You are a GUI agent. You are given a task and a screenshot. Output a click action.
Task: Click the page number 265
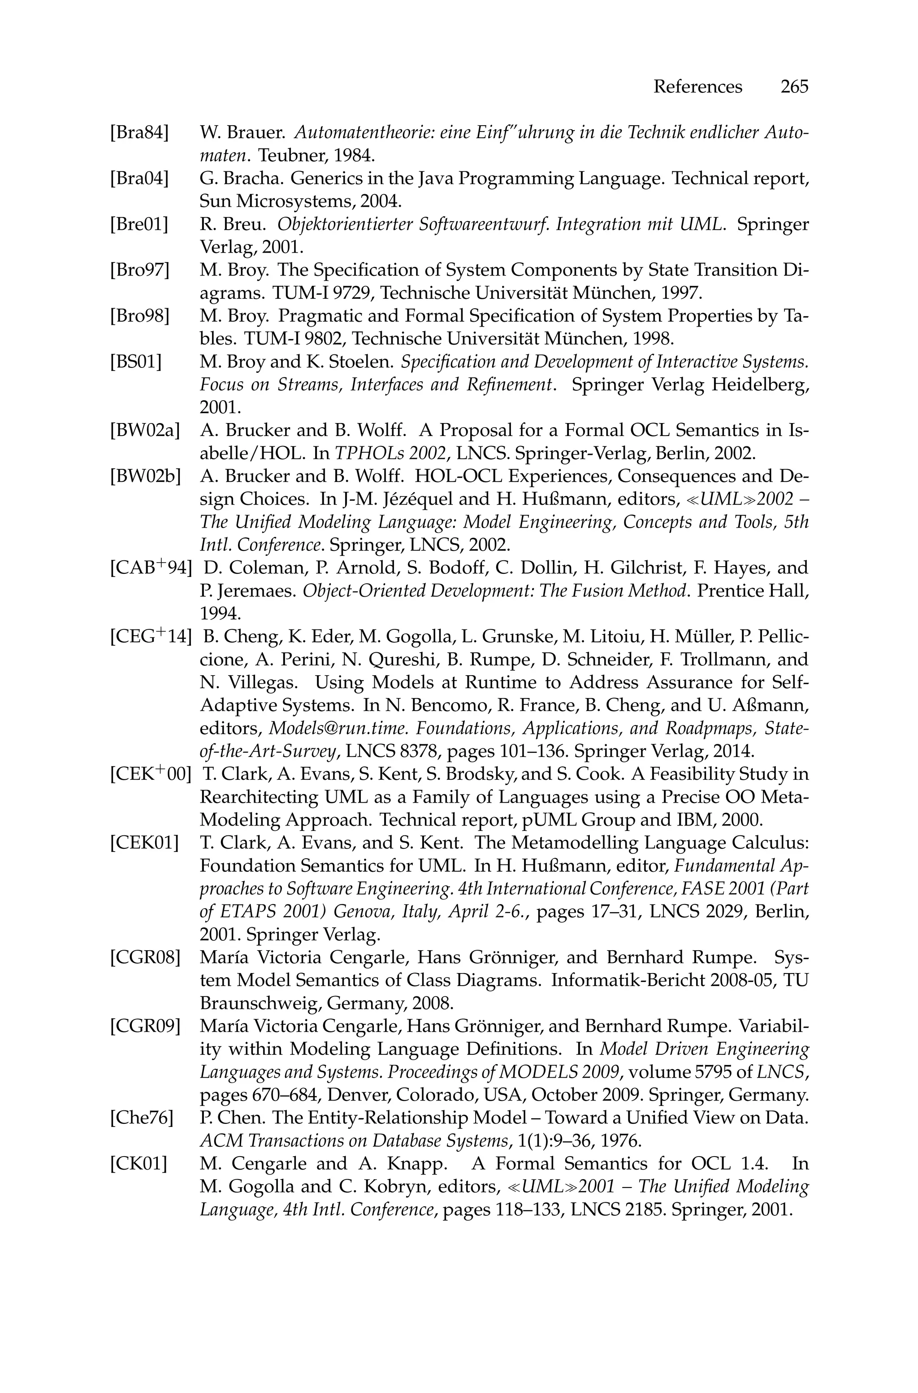tap(793, 87)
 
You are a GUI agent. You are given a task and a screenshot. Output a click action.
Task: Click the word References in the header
tap(697, 87)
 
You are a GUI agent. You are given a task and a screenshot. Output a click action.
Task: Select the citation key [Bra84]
tap(139, 133)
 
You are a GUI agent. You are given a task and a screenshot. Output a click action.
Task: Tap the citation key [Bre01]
tap(139, 224)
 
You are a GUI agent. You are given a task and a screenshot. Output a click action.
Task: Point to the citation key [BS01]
tap(135, 362)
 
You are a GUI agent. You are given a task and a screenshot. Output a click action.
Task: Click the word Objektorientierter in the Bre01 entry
tap(346, 224)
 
